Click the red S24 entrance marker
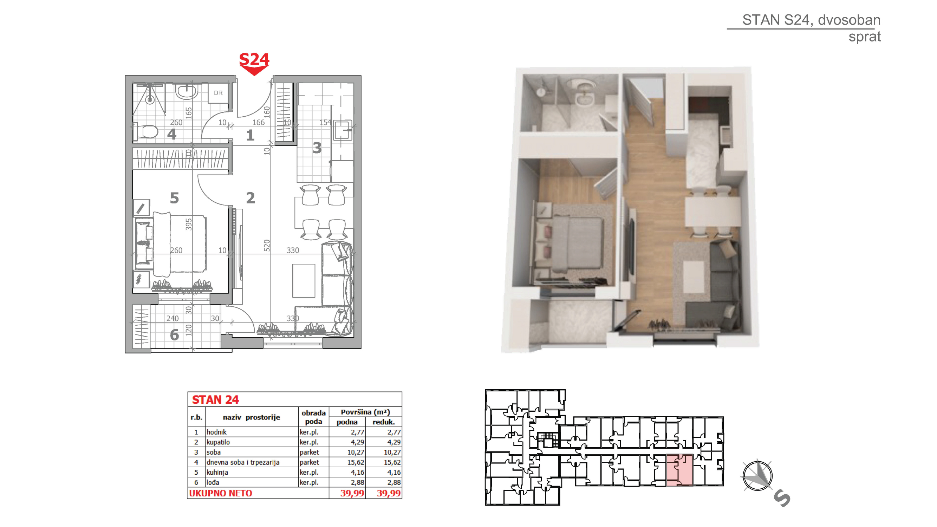(254, 64)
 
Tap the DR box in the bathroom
(218, 93)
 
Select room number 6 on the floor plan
(174, 335)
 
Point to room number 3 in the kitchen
(317, 148)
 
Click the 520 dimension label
(267, 246)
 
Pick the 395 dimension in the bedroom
(188, 224)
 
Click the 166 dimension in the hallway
(259, 123)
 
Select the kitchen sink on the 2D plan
(342, 130)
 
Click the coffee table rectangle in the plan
(304, 281)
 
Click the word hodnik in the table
(216, 432)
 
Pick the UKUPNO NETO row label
(220, 493)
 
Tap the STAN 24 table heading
(215, 400)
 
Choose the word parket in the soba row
(309, 452)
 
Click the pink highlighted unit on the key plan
(679, 470)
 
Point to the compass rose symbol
(757, 475)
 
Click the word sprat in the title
(864, 37)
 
